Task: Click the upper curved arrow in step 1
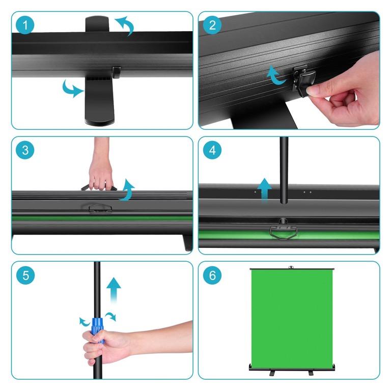[125, 25]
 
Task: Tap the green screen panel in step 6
[288, 316]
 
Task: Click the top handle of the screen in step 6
[291, 266]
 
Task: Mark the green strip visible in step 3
[102, 218]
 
